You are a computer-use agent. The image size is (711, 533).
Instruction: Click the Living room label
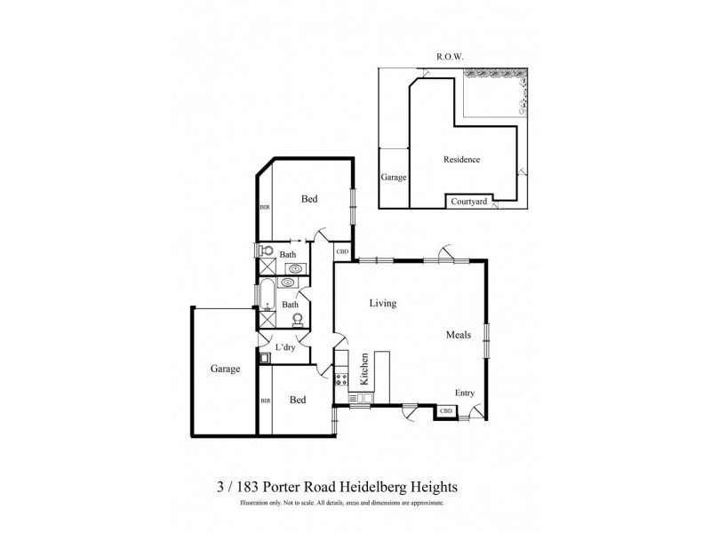click(x=383, y=304)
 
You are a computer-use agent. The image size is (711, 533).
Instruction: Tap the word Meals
click(x=459, y=335)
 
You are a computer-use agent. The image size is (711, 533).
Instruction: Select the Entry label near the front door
click(x=465, y=394)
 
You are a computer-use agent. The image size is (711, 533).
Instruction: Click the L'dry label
click(x=285, y=346)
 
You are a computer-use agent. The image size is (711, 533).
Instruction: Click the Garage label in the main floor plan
click(x=225, y=369)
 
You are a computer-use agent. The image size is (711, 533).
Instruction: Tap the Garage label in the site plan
click(x=394, y=178)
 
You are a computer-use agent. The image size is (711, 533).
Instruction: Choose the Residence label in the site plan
click(x=461, y=160)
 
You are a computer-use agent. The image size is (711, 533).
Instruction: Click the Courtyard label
click(x=467, y=202)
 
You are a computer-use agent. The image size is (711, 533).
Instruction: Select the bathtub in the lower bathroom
click(x=266, y=292)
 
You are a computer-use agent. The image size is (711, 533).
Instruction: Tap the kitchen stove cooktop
click(x=342, y=382)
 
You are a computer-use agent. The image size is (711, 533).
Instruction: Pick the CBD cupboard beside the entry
click(x=446, y=411)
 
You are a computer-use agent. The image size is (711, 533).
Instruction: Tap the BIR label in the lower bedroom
click(x=264, y=402)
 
